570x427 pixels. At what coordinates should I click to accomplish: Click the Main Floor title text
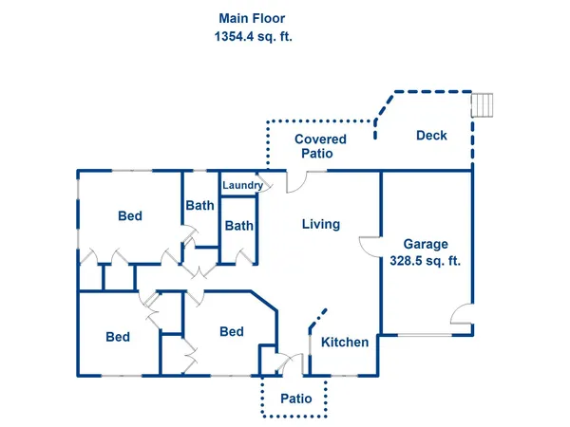252,18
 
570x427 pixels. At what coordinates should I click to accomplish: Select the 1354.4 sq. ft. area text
252,37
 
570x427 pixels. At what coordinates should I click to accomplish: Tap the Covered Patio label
320,146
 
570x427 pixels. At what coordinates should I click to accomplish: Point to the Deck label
431,136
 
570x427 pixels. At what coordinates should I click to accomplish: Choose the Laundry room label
242,185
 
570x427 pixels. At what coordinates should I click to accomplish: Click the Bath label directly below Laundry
239,226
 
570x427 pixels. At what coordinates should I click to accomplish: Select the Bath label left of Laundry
199,205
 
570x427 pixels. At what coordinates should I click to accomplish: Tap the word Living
321,225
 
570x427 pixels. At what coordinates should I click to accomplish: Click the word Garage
425,244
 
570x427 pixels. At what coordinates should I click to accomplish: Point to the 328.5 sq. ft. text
425,261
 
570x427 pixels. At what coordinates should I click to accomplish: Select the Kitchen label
344,342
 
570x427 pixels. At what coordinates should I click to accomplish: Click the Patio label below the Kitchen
295,399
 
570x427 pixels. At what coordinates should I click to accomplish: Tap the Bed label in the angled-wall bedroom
232,331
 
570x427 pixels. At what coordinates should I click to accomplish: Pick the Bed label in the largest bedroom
130,216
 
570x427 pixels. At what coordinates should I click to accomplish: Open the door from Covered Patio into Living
297,179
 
